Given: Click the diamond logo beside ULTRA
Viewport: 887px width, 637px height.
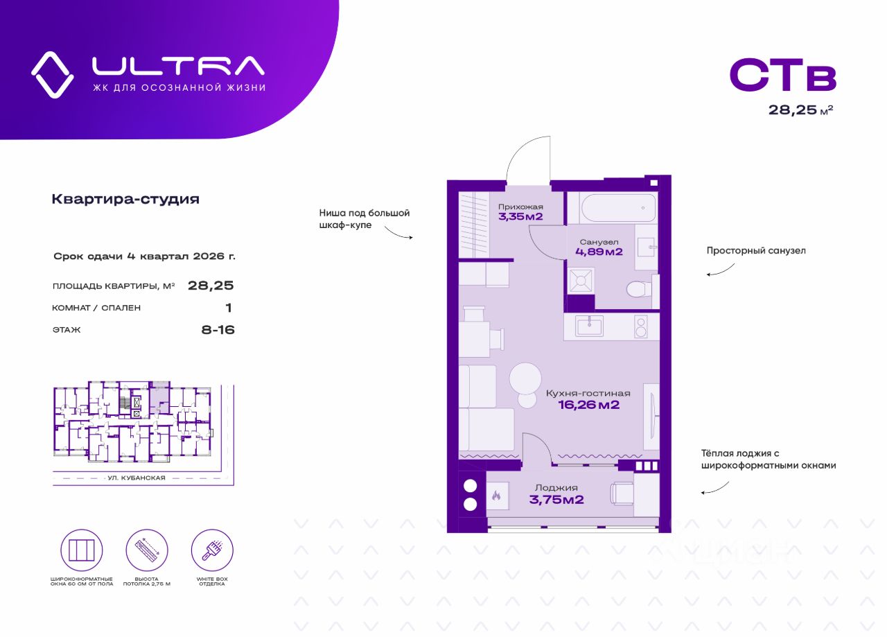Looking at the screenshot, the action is click(x=53, y=74).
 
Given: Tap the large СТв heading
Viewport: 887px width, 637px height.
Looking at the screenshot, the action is click(x=783, y=76).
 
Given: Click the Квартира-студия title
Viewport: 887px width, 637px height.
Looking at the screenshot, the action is click(x=125, y=200).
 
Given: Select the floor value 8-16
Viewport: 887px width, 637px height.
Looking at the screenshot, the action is click(x=218, y=330).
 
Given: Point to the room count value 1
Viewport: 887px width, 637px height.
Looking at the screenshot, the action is click(x=229, y=308).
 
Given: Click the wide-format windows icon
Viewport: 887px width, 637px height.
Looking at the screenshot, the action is click(x=82, y=550).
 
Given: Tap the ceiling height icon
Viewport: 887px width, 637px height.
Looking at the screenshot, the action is click(x=147, y=550).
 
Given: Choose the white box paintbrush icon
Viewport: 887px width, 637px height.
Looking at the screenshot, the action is click(x=212, y=550).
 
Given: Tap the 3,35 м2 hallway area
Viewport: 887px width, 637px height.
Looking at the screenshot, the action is click(x=520, y=217).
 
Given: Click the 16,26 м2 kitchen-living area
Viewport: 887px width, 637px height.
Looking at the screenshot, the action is click(x=588, y=405).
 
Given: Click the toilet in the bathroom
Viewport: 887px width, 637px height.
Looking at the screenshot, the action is click(x=636, y=288).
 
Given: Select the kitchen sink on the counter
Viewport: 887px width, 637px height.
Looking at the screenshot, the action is click(x=589, y=326).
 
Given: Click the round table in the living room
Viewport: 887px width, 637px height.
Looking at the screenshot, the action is click(x=525, y=378).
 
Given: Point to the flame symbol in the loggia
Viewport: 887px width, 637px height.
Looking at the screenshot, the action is click(x=496, y=496).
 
